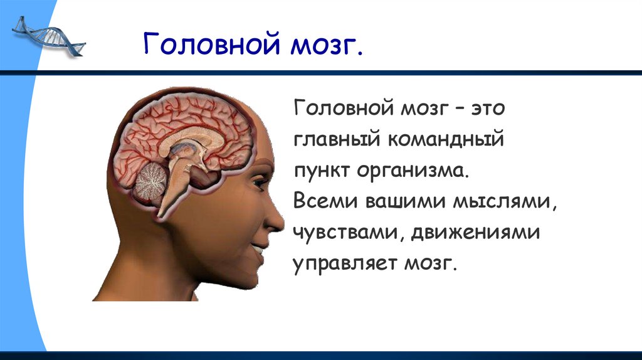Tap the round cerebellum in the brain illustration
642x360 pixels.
click(149, 181)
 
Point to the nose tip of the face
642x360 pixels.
click(281, 221)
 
